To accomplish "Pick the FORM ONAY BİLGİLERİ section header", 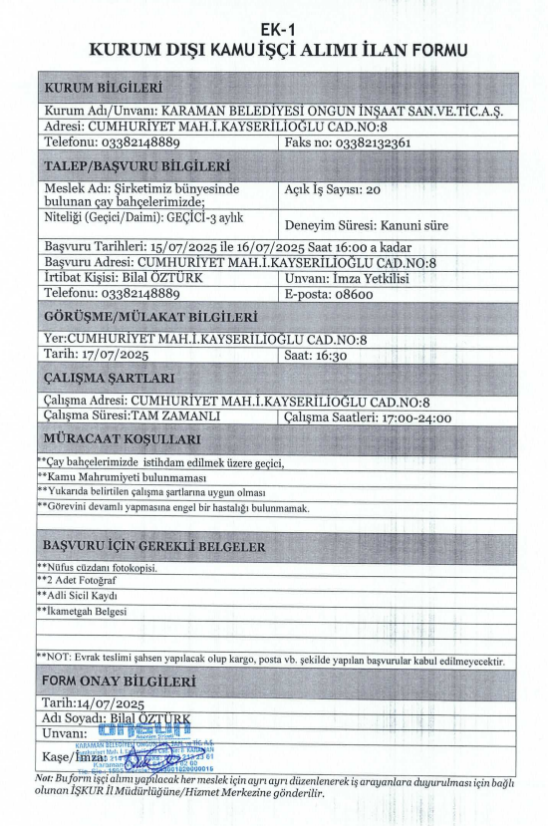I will pos(118,682).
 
